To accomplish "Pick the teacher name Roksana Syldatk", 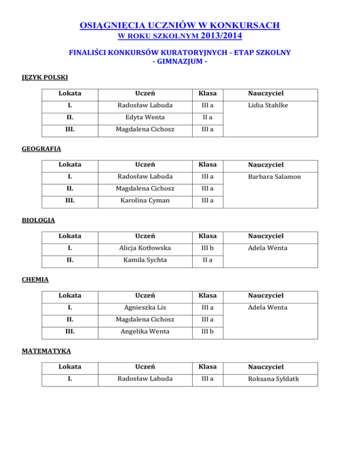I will point(265,379).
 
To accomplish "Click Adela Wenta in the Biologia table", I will point(259,248).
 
